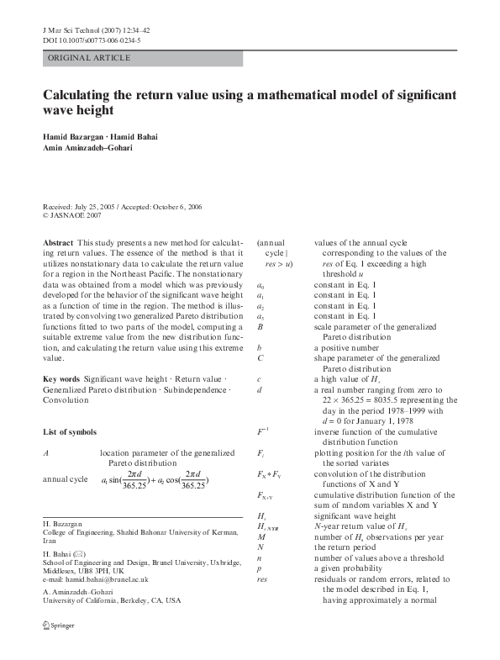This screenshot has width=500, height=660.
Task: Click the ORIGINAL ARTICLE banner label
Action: point(89,58)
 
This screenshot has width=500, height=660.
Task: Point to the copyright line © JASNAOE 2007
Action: point(77,214)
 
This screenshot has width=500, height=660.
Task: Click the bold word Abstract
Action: point(58,242)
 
